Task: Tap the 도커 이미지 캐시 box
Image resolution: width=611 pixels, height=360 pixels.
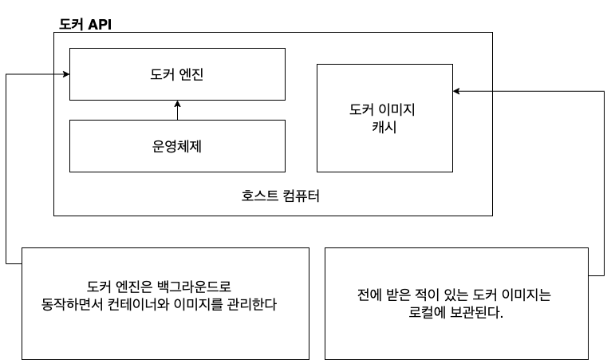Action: (x=384, y=118)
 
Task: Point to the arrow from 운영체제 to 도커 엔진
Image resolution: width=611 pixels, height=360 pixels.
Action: (x=177, y=110)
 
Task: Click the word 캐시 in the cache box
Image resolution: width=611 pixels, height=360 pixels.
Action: (x=384, y=127)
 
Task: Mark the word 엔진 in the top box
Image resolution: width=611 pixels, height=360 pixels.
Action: (x=195, y=74)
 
